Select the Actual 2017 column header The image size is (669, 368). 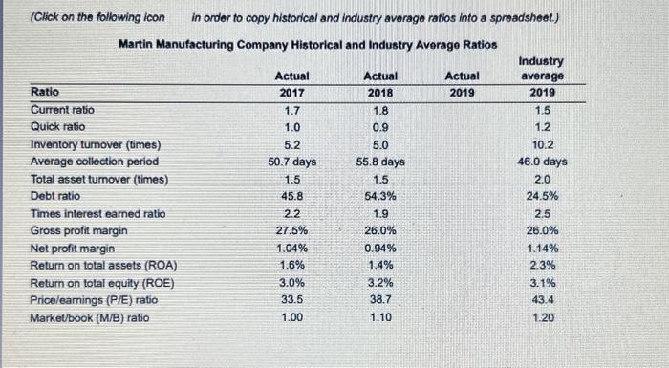coord(291,84)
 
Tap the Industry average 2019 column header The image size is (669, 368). coord(541,76)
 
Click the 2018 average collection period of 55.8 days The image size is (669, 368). coord(379,162)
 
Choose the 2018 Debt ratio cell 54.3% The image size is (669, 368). coord(379,196)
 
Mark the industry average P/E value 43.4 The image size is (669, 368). coord(541,299)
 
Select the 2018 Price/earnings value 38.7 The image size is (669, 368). coord(379,299)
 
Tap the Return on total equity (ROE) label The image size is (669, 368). coord(94,282)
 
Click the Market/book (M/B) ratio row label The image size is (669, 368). coord(90,317)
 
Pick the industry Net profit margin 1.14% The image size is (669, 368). coord(541,248)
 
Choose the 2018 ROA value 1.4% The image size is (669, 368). coord(379,265)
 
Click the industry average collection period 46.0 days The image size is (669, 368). coord(541,162)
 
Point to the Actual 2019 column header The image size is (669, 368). coord(463,84)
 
